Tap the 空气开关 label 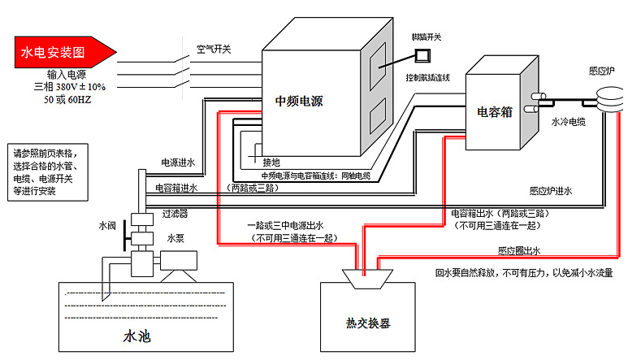point(214,49)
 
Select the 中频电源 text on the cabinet point(299,102)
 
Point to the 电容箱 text point(494,112)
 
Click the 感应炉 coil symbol point(604,99)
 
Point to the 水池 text point(136,335)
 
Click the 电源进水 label point(178,162)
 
